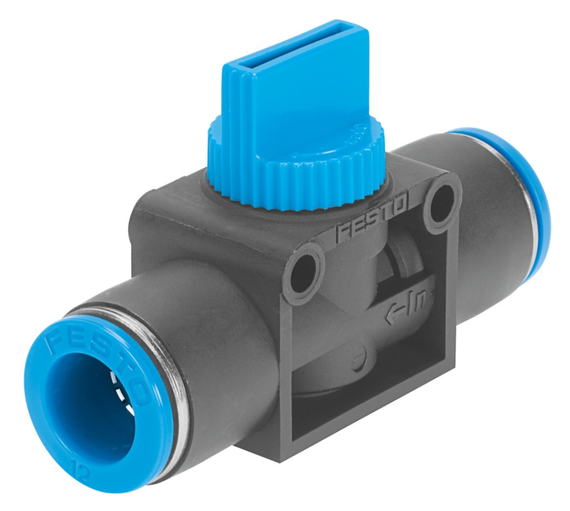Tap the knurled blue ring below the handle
coord(296,171)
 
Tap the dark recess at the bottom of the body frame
coord(365,416)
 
